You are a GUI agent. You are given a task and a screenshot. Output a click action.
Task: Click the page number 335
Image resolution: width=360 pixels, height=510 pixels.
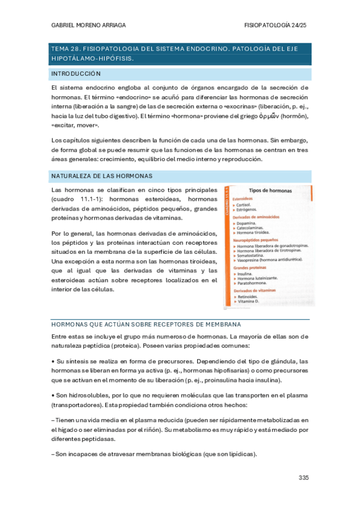[303, 478]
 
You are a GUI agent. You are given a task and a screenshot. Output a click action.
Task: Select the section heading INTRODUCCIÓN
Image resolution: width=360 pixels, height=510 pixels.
[76, 73]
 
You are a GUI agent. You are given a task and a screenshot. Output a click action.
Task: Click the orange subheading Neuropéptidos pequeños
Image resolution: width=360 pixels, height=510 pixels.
[260, 240]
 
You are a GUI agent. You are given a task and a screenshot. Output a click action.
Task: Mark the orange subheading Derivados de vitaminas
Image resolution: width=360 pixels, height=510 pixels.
[257, 290]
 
